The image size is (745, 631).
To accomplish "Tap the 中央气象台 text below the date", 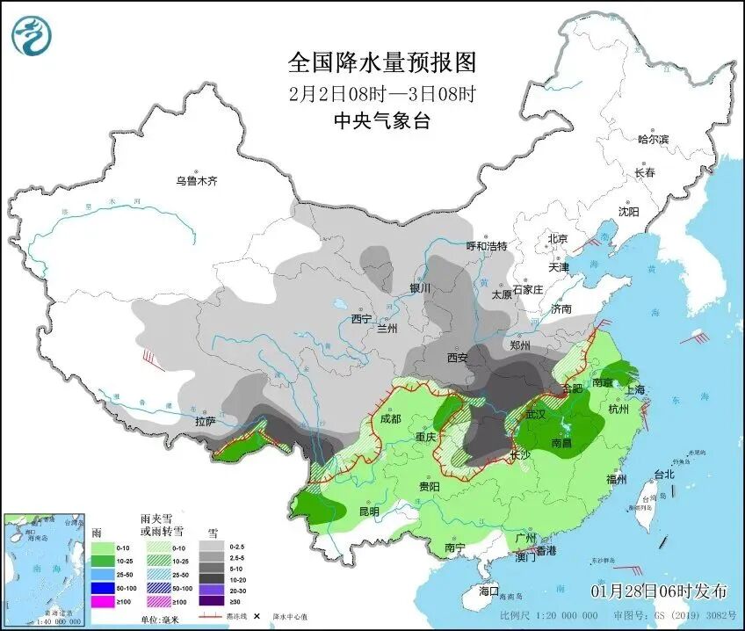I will point(381,121).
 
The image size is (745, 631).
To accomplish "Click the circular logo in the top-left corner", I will point(32,35).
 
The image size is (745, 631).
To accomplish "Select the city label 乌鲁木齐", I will point(195,182).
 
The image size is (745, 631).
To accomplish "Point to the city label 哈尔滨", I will point(653,139).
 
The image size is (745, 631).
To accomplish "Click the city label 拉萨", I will point(205,422).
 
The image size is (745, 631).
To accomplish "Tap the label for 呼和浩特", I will point(487,246).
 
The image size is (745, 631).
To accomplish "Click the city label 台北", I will point(664,475).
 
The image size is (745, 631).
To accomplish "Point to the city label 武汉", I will point(535,414).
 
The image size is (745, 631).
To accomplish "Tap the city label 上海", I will point(633,389).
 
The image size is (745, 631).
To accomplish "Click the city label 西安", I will point(458,357).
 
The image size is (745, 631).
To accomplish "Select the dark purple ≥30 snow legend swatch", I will point(211,601).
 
